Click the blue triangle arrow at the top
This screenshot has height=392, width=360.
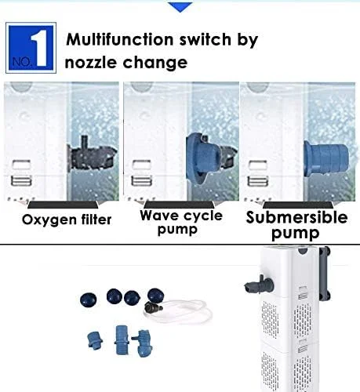pyautogui.click(x=180, y=6)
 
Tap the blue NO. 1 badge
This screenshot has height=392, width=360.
pyautogui.click(x=31, y=48)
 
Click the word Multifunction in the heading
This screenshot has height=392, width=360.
pyautogui.click(x=119, y=39)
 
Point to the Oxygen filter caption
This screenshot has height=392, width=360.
pyautogui.click(x=67, y=220)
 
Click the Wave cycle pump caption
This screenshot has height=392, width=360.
pyautogui.click(x=181, y=222)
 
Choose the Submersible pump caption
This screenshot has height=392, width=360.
pyautogui.click(x=296, y=225)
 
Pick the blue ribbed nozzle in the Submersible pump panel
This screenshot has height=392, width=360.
pyautogui.click(x=326, y=158)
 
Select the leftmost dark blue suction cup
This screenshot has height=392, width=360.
pyautogui.click(x=89, y=299)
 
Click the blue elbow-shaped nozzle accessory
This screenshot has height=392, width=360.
pyautogui.click(x=143, y=343)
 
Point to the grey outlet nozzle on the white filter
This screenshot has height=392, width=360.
pyautogui.click(x=259, y=285)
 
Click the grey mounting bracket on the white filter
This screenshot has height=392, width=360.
pyautogui.click(x=325, y=274)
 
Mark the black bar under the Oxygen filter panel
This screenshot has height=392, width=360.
pyautogui.click(x=63, y=205)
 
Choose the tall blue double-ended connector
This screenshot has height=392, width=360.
pyautogui.click(x=121, y=339)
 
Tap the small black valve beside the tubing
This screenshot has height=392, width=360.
pyautogui.click(x=153, y=307)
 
